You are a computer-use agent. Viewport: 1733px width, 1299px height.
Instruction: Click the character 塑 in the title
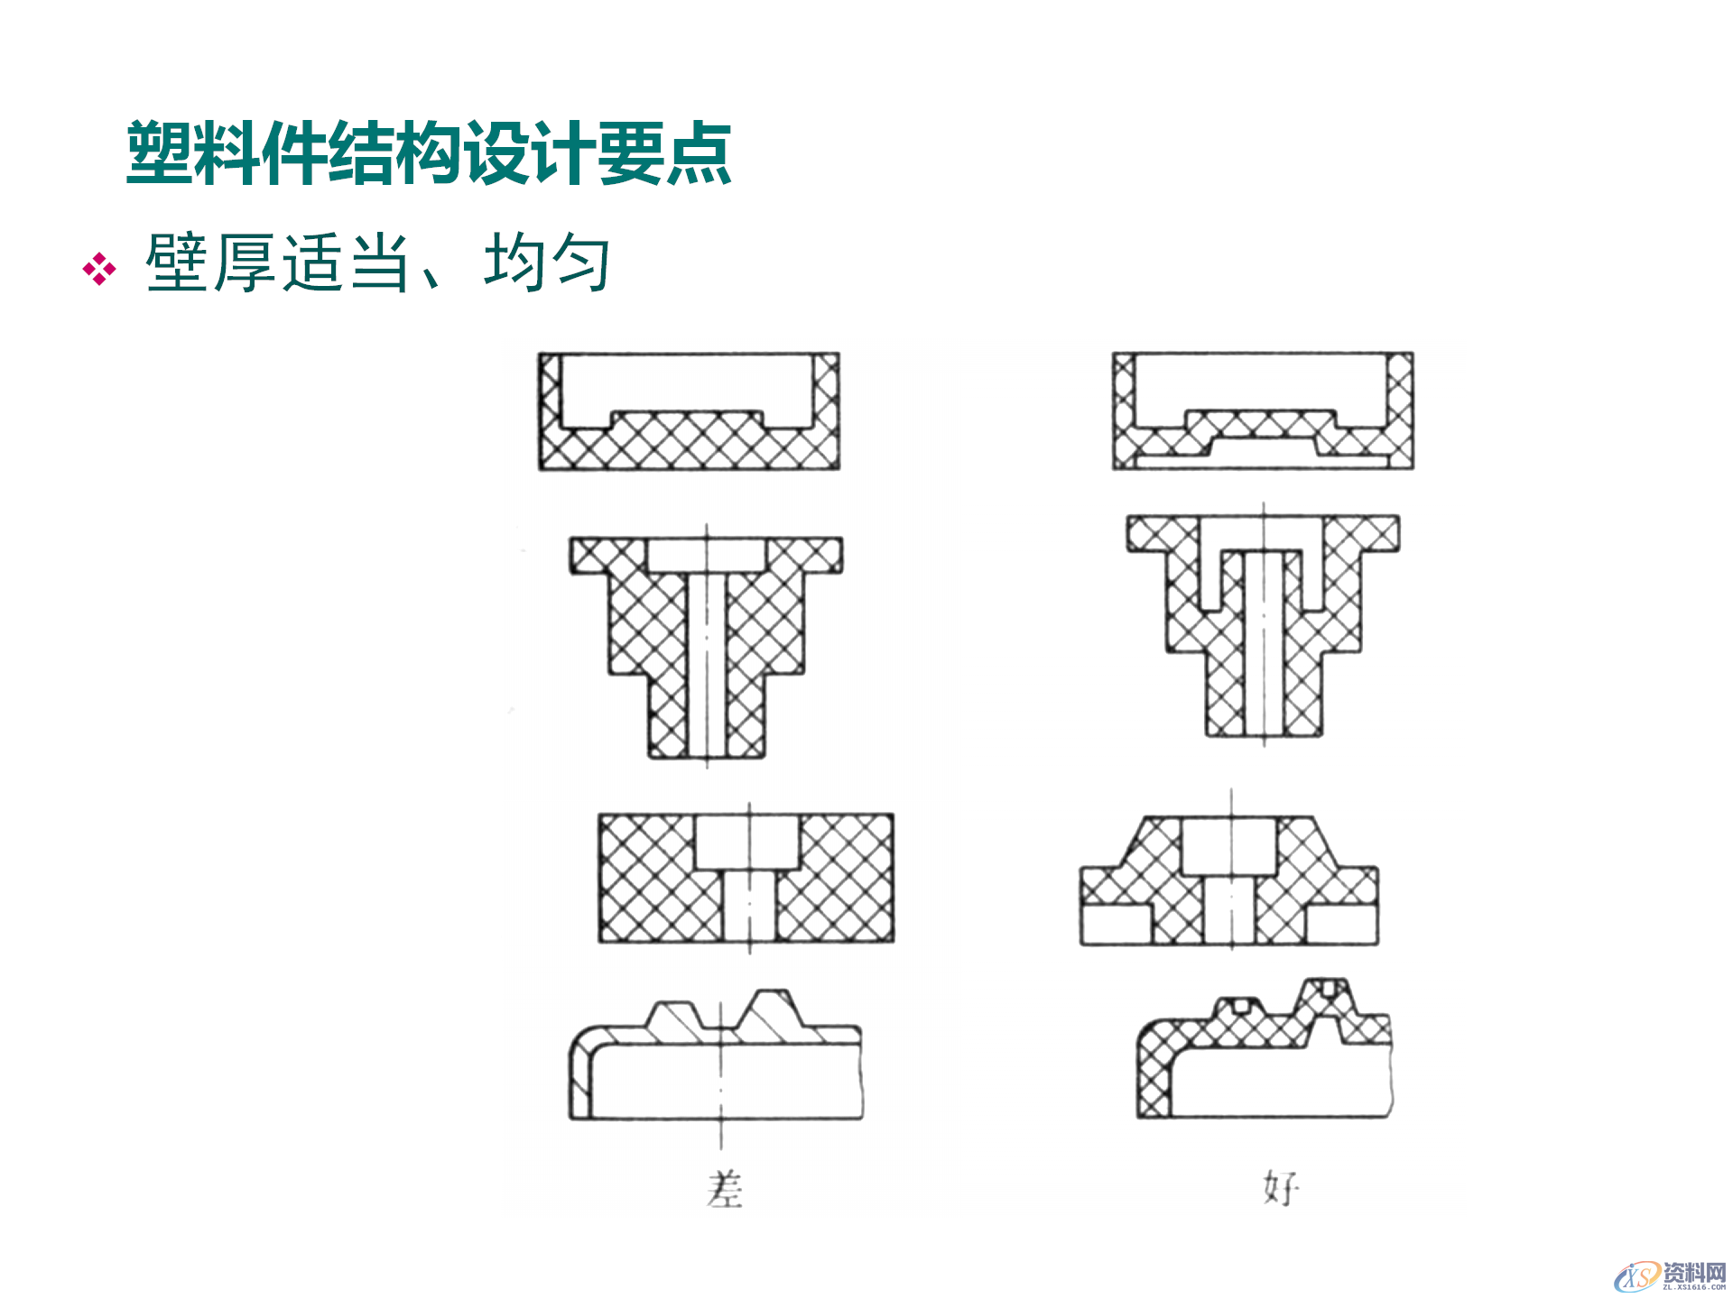coord(160,153)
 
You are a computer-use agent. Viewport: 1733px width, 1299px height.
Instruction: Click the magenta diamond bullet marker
coord(99,269)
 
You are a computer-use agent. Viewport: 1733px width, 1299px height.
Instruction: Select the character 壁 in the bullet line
coord(178,263)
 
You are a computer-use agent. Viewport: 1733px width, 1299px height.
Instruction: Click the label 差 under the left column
coord(725,1189)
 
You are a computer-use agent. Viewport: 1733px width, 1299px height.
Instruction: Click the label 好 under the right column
coord(1281,1189)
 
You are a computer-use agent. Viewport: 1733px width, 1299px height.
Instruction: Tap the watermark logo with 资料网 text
coord(1670,1276)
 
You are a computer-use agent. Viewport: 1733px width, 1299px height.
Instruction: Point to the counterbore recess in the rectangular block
coord(747,842)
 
